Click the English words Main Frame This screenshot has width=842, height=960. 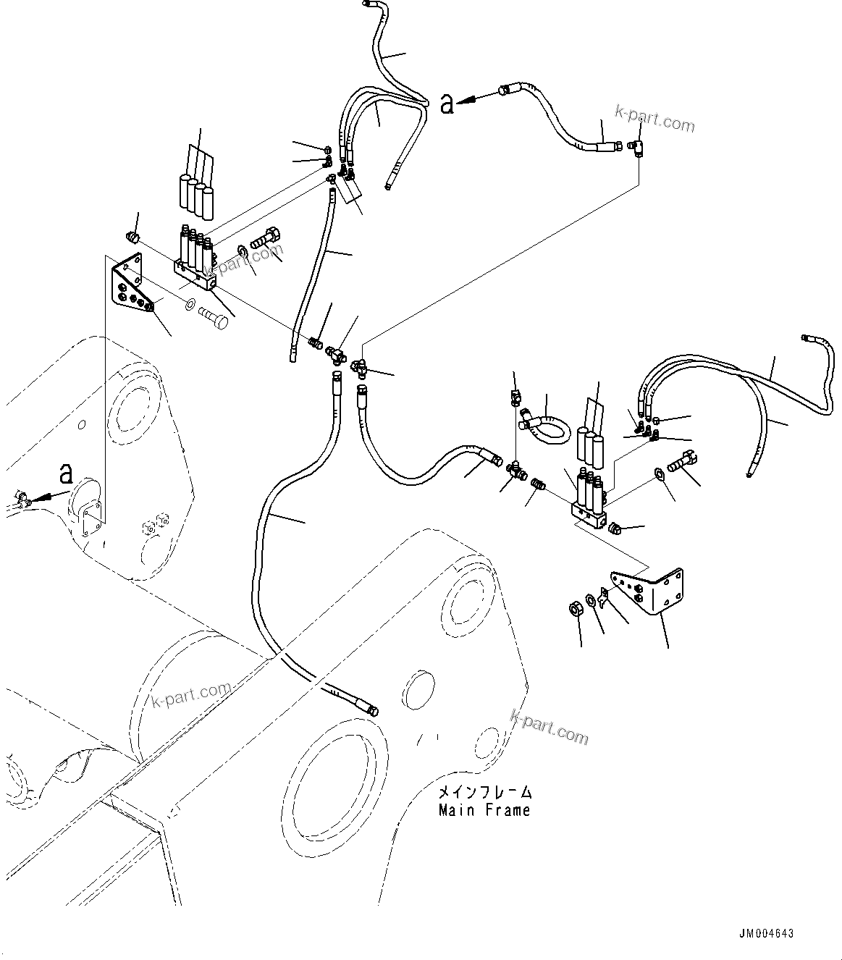pyautogui.click(x=484, y=810)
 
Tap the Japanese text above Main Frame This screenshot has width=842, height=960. pyautogui.click(x=484, y=792)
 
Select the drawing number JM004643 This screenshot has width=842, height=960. pyautogui.click(x=766, y=933)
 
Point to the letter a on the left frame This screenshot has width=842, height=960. pyautogui.click(x=66, y=474)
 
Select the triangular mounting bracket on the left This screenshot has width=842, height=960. pyautogui.click(x=131, y=285)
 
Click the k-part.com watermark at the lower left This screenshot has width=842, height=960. pyautogui.click(x=191, y=695)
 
